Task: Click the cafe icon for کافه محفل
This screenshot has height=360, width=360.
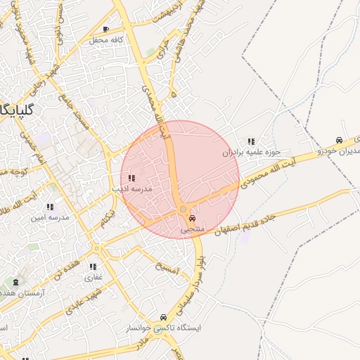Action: pyautogui.click(x=105, y=30)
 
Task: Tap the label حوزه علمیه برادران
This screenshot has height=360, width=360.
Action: pyautogui.click(x=252, y=152)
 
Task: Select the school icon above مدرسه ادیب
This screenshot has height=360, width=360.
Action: pyautogui.click(x=131, y=178)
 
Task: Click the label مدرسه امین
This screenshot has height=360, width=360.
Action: pyautogui.click(x=49, y=217)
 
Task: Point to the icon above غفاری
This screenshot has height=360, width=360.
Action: pyautogui.click(x=93, y=266)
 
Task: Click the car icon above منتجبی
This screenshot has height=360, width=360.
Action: pyautogui.click(x=193, y=218)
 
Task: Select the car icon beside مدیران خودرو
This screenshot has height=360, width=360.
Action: pyautogui.click(x=340, y=139)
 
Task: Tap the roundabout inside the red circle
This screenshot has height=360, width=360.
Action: pyautogui.click(x=183, y=209)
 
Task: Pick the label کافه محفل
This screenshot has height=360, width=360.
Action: pyautogui.click(x=106, y=40)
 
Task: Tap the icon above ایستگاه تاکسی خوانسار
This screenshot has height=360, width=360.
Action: pyautogui.click(x=163, y=317)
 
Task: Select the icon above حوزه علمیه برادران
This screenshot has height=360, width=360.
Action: pyautogui.click(x=251, y=141)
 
